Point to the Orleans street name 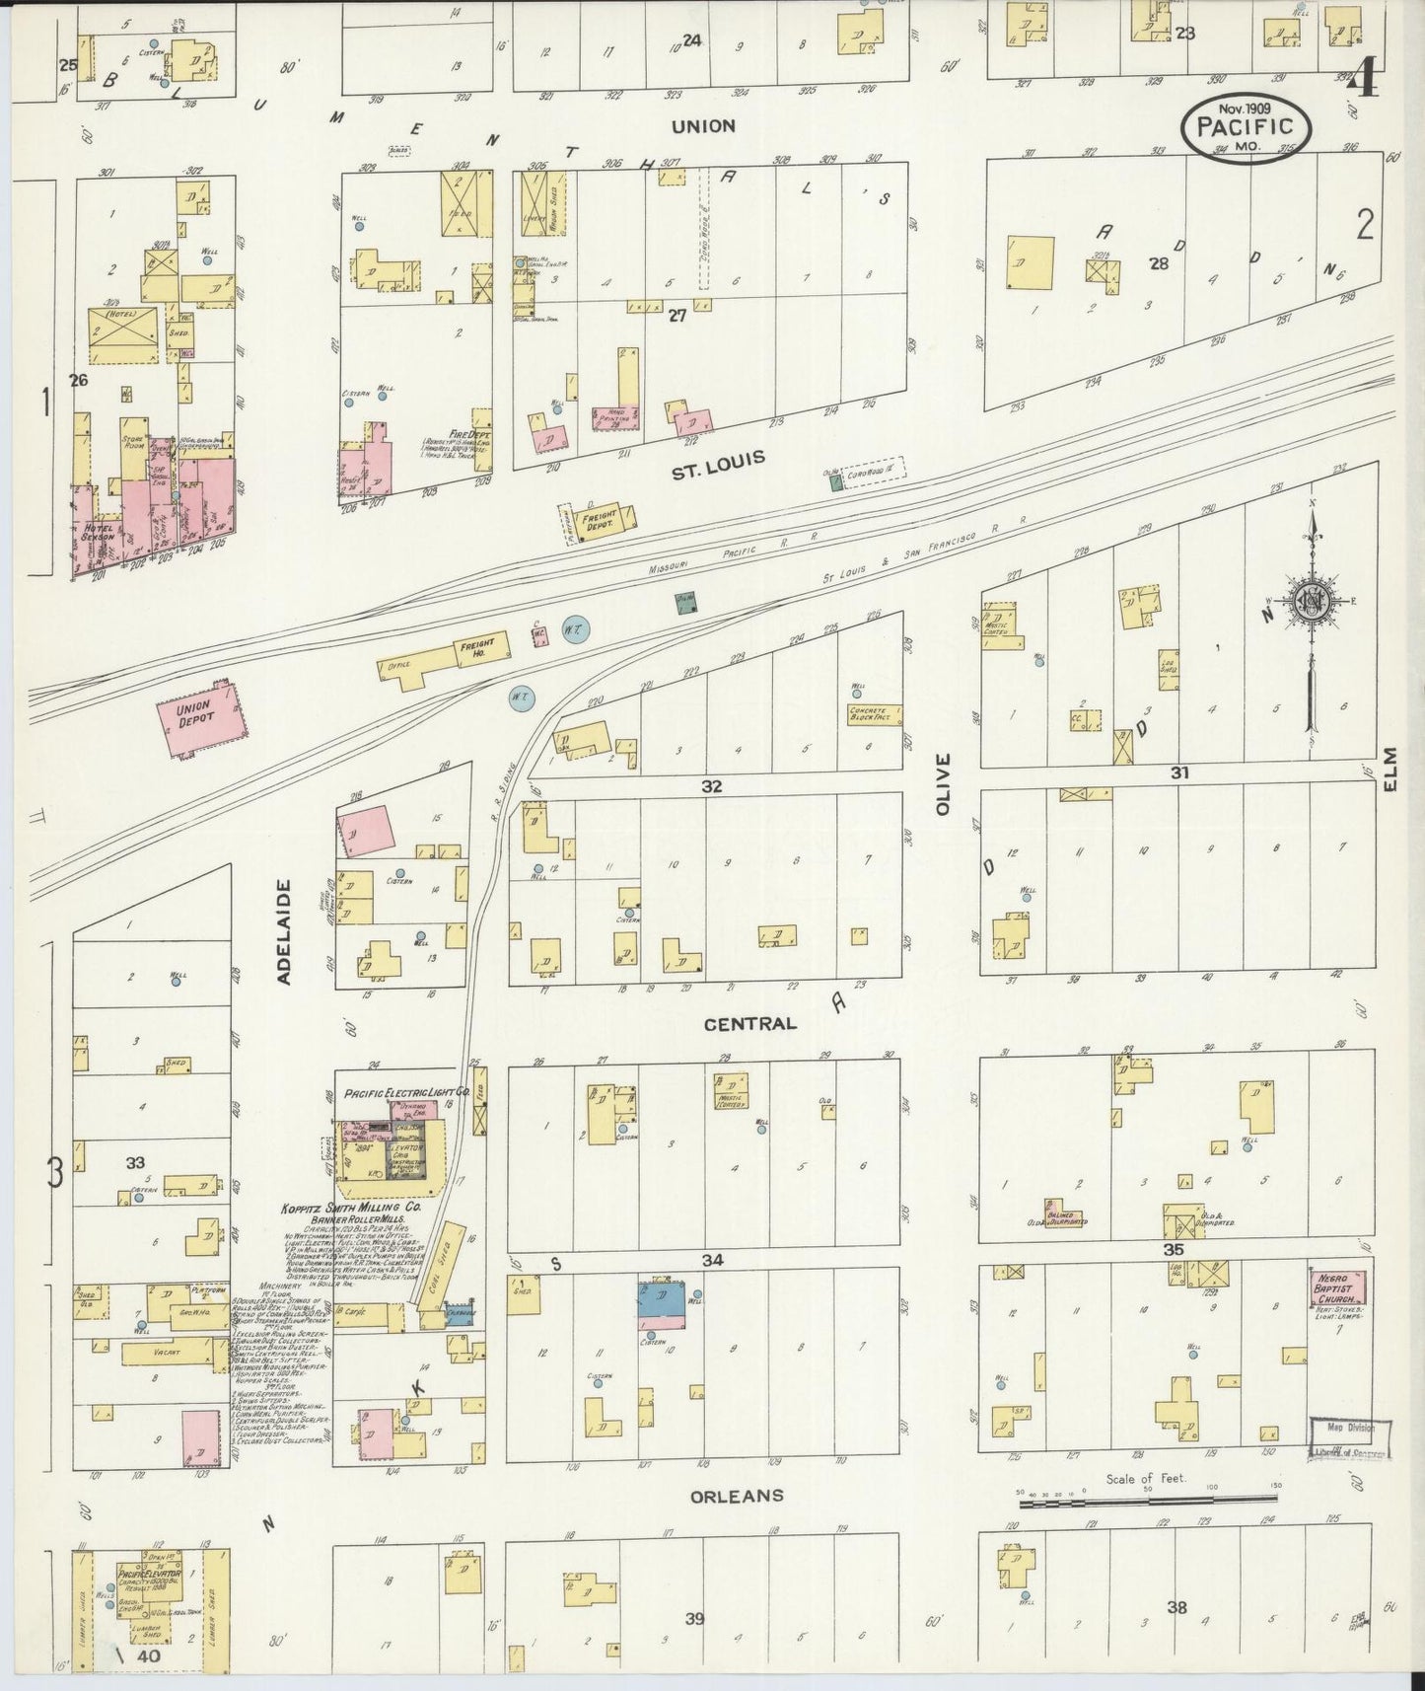click(738, 1496)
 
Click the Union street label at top click(703, 126)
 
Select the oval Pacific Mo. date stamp click(1247, 126)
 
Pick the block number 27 click(677, 316)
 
